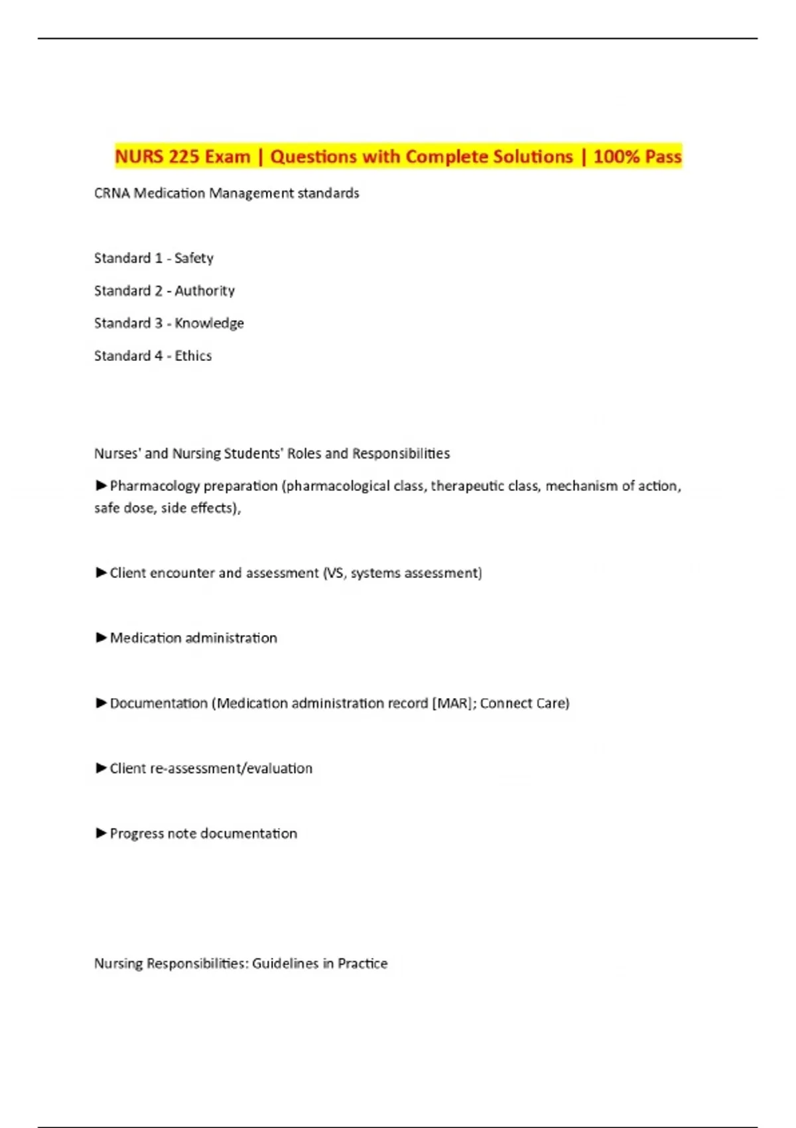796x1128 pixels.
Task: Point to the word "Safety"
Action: [x=194, y=258]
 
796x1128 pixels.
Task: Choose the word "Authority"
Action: [x=204, y=291]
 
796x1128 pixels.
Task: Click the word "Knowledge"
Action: [x=209, y=323]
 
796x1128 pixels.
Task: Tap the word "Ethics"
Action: [x=193, y=356]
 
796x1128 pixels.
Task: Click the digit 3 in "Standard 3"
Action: [x=158, y=323]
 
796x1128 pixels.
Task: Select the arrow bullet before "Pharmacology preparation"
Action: [x=101, y=486]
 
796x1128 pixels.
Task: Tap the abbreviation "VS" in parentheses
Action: [x=335, y=573]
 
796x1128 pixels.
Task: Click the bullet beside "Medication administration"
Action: [x=101, y=638]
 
